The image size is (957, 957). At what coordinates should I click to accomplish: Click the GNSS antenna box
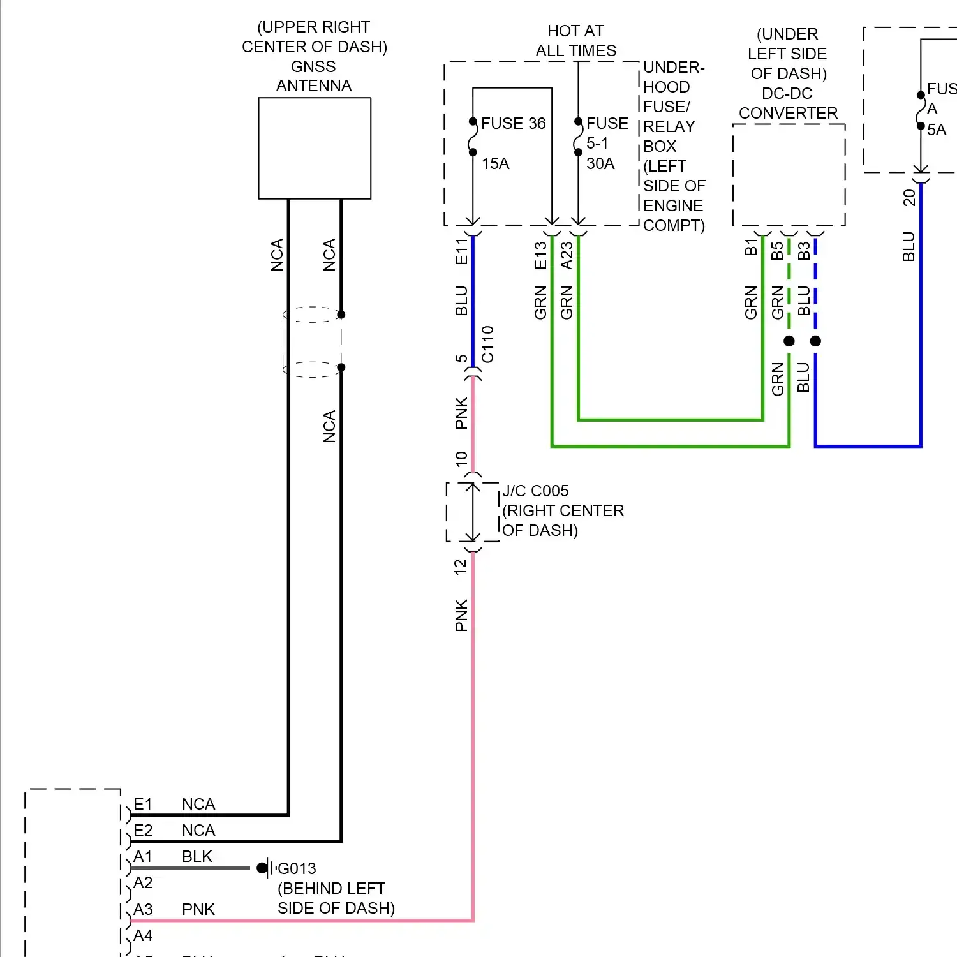pos(315,148)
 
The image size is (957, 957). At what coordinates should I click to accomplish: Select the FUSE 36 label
pos(513,123)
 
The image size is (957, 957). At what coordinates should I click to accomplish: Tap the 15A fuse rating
pos(495,164)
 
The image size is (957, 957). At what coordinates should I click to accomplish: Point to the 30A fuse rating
pos(600,164)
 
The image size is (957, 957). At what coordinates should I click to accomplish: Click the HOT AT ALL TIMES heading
pos(575,41)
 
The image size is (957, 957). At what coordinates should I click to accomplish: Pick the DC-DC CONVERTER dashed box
pos(789,174)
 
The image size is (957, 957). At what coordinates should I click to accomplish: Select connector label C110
pos(487,345)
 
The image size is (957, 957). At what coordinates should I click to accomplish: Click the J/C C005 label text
pos(535,491)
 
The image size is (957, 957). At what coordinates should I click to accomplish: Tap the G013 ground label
pos(297,868)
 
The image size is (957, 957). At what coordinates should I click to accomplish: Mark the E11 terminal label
pos(461,251)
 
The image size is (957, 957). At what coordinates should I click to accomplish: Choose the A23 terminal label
pos(567,255)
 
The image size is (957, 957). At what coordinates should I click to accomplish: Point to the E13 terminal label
pos(540,255)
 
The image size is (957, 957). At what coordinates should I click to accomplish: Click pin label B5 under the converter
pos(777,251)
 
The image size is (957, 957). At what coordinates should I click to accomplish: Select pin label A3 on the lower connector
pos(143,909)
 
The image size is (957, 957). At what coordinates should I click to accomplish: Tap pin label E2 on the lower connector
pos(143,830)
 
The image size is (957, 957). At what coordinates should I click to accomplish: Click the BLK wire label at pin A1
pos(197,856)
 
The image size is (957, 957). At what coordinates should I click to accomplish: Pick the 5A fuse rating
pos(936,130)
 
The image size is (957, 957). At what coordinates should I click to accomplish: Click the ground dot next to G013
pos(262,868)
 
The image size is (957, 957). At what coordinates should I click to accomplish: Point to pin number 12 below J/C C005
pos(461,567)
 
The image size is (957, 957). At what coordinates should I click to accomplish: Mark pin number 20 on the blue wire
pos(909,198)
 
